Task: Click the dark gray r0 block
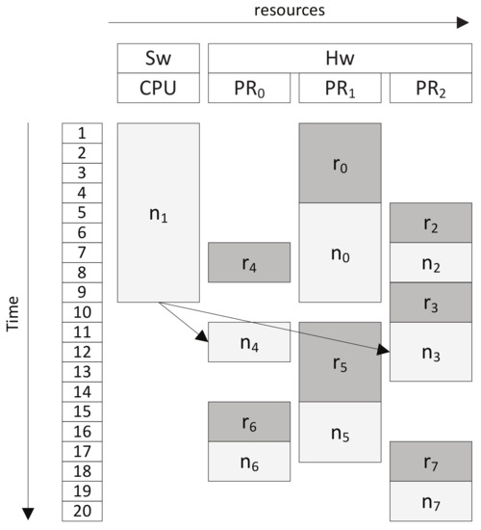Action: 341,163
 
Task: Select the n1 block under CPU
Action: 159,212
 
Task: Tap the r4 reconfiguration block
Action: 249,262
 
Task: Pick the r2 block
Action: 431,223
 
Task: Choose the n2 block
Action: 431,263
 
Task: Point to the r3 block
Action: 431,303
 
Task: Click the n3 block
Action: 431,352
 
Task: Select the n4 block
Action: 249,342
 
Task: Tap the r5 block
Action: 341,361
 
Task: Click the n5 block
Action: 341,432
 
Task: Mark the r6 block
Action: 249,421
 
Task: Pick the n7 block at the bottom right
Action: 431,501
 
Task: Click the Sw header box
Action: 159,57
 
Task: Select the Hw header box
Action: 341,57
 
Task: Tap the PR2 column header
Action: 431,88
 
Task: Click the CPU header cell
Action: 159,88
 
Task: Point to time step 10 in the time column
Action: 82,312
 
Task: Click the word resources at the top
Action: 289,11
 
